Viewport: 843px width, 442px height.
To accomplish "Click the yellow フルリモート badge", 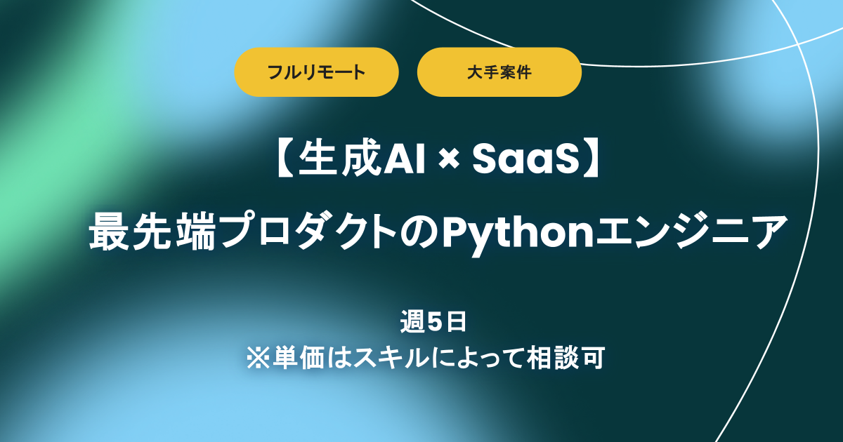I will click(x=316, y=72).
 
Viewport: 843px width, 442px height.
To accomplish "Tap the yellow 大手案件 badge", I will click(x=499, y=72).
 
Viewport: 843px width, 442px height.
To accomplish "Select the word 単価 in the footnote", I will click(x=295, y=358).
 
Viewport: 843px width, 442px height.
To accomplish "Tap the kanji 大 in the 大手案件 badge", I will click(x=472, y=72).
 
